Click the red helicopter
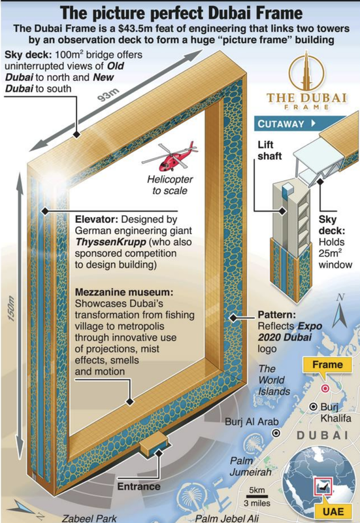pos(170,157)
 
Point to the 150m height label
pos(11,309)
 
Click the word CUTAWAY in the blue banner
pos(281,124)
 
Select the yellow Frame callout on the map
pos(327,365)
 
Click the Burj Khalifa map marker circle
pos(313,407)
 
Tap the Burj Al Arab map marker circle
pos(276,433)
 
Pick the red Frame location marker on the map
pos(325,388)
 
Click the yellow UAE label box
pos(333,511)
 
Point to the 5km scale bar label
pos(257,490)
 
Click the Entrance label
pos(139,486)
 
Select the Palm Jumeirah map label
pos(250,466)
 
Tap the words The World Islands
pos(274,380)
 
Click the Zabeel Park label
pos(89,518)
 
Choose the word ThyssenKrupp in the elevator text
pos(110,242)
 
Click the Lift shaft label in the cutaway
pos(270,150)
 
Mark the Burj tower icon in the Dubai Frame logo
pos(307,71)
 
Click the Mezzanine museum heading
pos(124,292)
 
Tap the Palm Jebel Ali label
pos(227,518)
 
